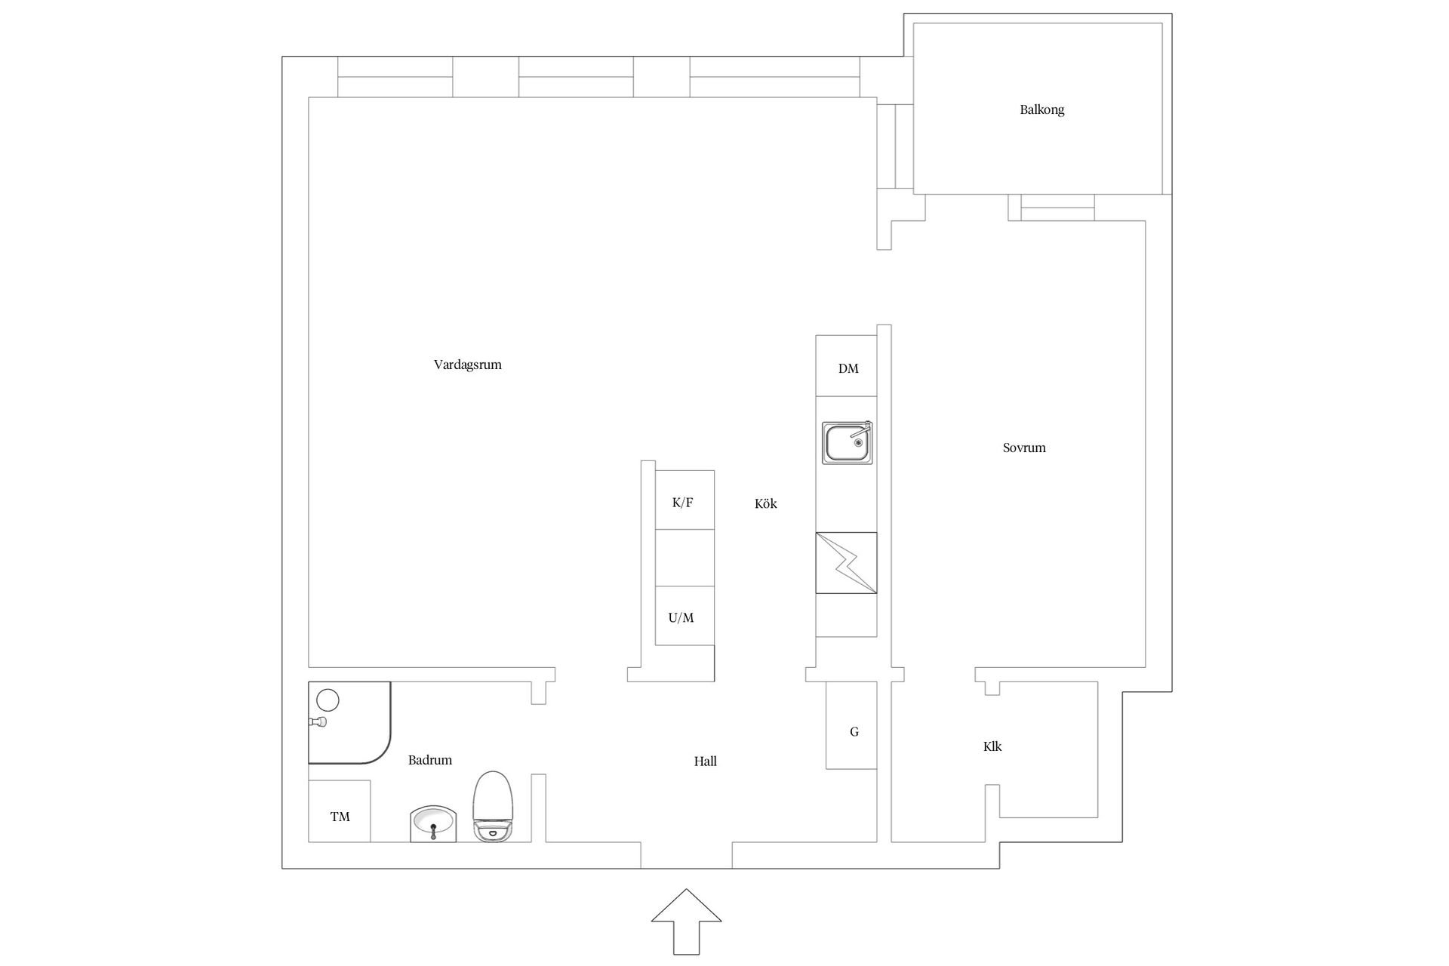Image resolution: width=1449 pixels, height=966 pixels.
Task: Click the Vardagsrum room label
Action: (x=467, y=365)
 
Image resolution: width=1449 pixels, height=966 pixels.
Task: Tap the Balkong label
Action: (x=1041, y=110)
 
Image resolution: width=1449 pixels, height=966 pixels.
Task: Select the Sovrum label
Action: (x=1024, y=448)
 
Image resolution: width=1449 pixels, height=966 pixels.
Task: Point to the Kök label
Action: (x=765, y=503)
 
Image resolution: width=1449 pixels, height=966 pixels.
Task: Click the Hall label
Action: (x=706, y=761)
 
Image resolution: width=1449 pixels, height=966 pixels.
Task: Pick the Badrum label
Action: (x=430, y=760)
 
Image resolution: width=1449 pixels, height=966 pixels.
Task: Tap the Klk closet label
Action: (x=992, y=746)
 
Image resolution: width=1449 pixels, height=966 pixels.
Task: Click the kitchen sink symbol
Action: (x=847, y=443)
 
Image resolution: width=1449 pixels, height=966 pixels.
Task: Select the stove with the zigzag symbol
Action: (x=846, y=563)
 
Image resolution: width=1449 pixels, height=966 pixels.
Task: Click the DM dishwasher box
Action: (x=846, y=366)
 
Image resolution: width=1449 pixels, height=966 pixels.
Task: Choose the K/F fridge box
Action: (x=685, y=500)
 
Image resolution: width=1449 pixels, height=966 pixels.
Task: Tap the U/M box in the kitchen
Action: (x=685, y=616)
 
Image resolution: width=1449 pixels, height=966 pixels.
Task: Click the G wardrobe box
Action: (x=851, y=725)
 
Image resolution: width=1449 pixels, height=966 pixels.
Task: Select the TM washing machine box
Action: (x=340, y=811)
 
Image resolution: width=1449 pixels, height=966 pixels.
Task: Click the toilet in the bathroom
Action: (x=493, y=807)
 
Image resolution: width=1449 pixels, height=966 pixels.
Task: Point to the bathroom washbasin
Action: (x=433, y=824)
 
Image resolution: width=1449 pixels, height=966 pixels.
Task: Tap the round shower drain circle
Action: (x=328, y=700)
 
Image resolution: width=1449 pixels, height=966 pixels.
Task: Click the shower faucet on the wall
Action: (x=318, y=721)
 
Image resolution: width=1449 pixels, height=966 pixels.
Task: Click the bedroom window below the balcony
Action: (x=1051, y=208)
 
